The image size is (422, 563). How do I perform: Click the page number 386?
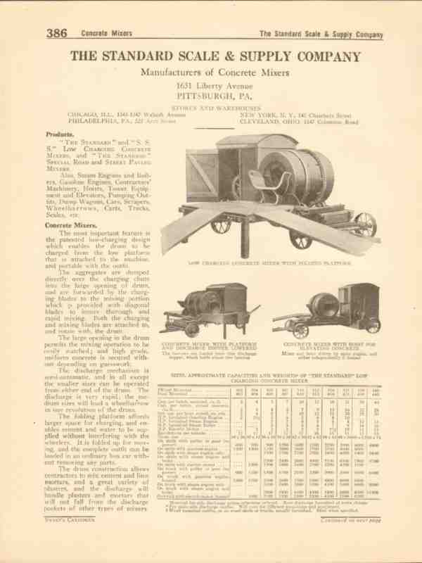(x=58, y=32)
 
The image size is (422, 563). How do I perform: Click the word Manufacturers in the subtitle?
(x=168, y=72)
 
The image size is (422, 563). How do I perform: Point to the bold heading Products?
(x=60, y=134)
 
